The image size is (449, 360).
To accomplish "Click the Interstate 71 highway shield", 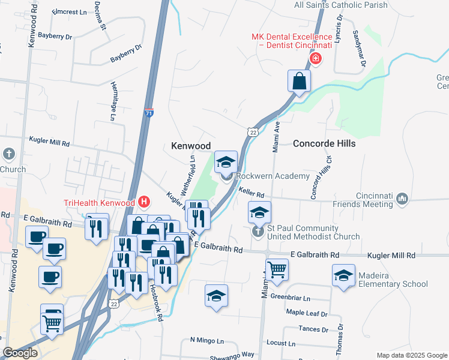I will (x=149, y=112).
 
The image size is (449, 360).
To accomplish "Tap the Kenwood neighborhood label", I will (x=191, y=146).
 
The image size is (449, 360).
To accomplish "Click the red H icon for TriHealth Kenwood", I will (x=143, y=202).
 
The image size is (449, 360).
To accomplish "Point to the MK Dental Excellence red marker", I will (x=316, y=58).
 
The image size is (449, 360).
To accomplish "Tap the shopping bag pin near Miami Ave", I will (x=299, y=81).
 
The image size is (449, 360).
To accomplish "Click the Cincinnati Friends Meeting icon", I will (x=402, y=197).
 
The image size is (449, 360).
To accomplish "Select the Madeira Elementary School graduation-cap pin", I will (x=343, y=276).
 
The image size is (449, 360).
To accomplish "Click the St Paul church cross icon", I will (x=258, y=231).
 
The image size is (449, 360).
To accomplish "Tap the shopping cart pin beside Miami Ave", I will (x=277, y=269).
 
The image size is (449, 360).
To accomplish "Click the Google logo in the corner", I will (x=20, y=353).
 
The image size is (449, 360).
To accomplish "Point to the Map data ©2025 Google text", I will (x=411, y=355).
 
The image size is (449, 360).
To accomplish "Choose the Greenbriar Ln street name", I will (x=290, y=297).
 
